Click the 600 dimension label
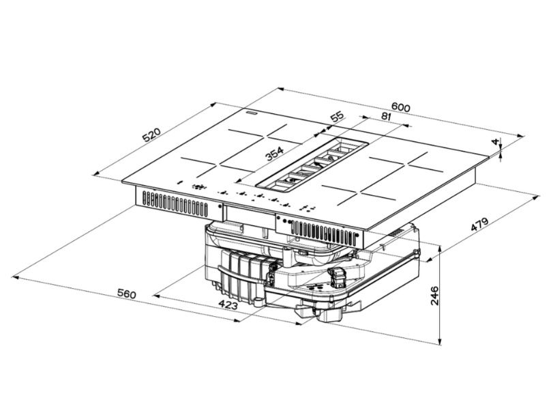click(400, 107)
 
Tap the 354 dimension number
click(274, 153)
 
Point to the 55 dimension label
click(337, 117)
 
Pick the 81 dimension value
click(385, 117)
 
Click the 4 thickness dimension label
click(496, 142)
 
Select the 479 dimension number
click(480, 225)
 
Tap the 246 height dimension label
click(434, 296)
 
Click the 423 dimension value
click(228, 304)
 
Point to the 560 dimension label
click(126, 294)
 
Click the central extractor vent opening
click(313, 165)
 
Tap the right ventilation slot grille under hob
click(322, 233)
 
